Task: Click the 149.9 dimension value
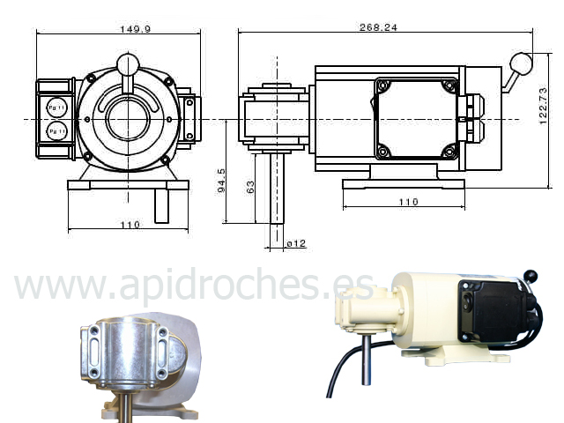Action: click(135, 29)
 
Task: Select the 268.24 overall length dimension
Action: click(378, 27)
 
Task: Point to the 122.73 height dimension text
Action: click(543, 106)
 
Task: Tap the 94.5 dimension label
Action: click(221, 180)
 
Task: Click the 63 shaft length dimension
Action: click(250, 187)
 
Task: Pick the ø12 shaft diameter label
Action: click(296, 244)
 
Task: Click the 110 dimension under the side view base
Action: click(408, 202)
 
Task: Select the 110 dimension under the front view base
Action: click(130, 225)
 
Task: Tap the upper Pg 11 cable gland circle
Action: click(56, 108)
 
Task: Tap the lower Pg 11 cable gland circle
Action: click(56, 131)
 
